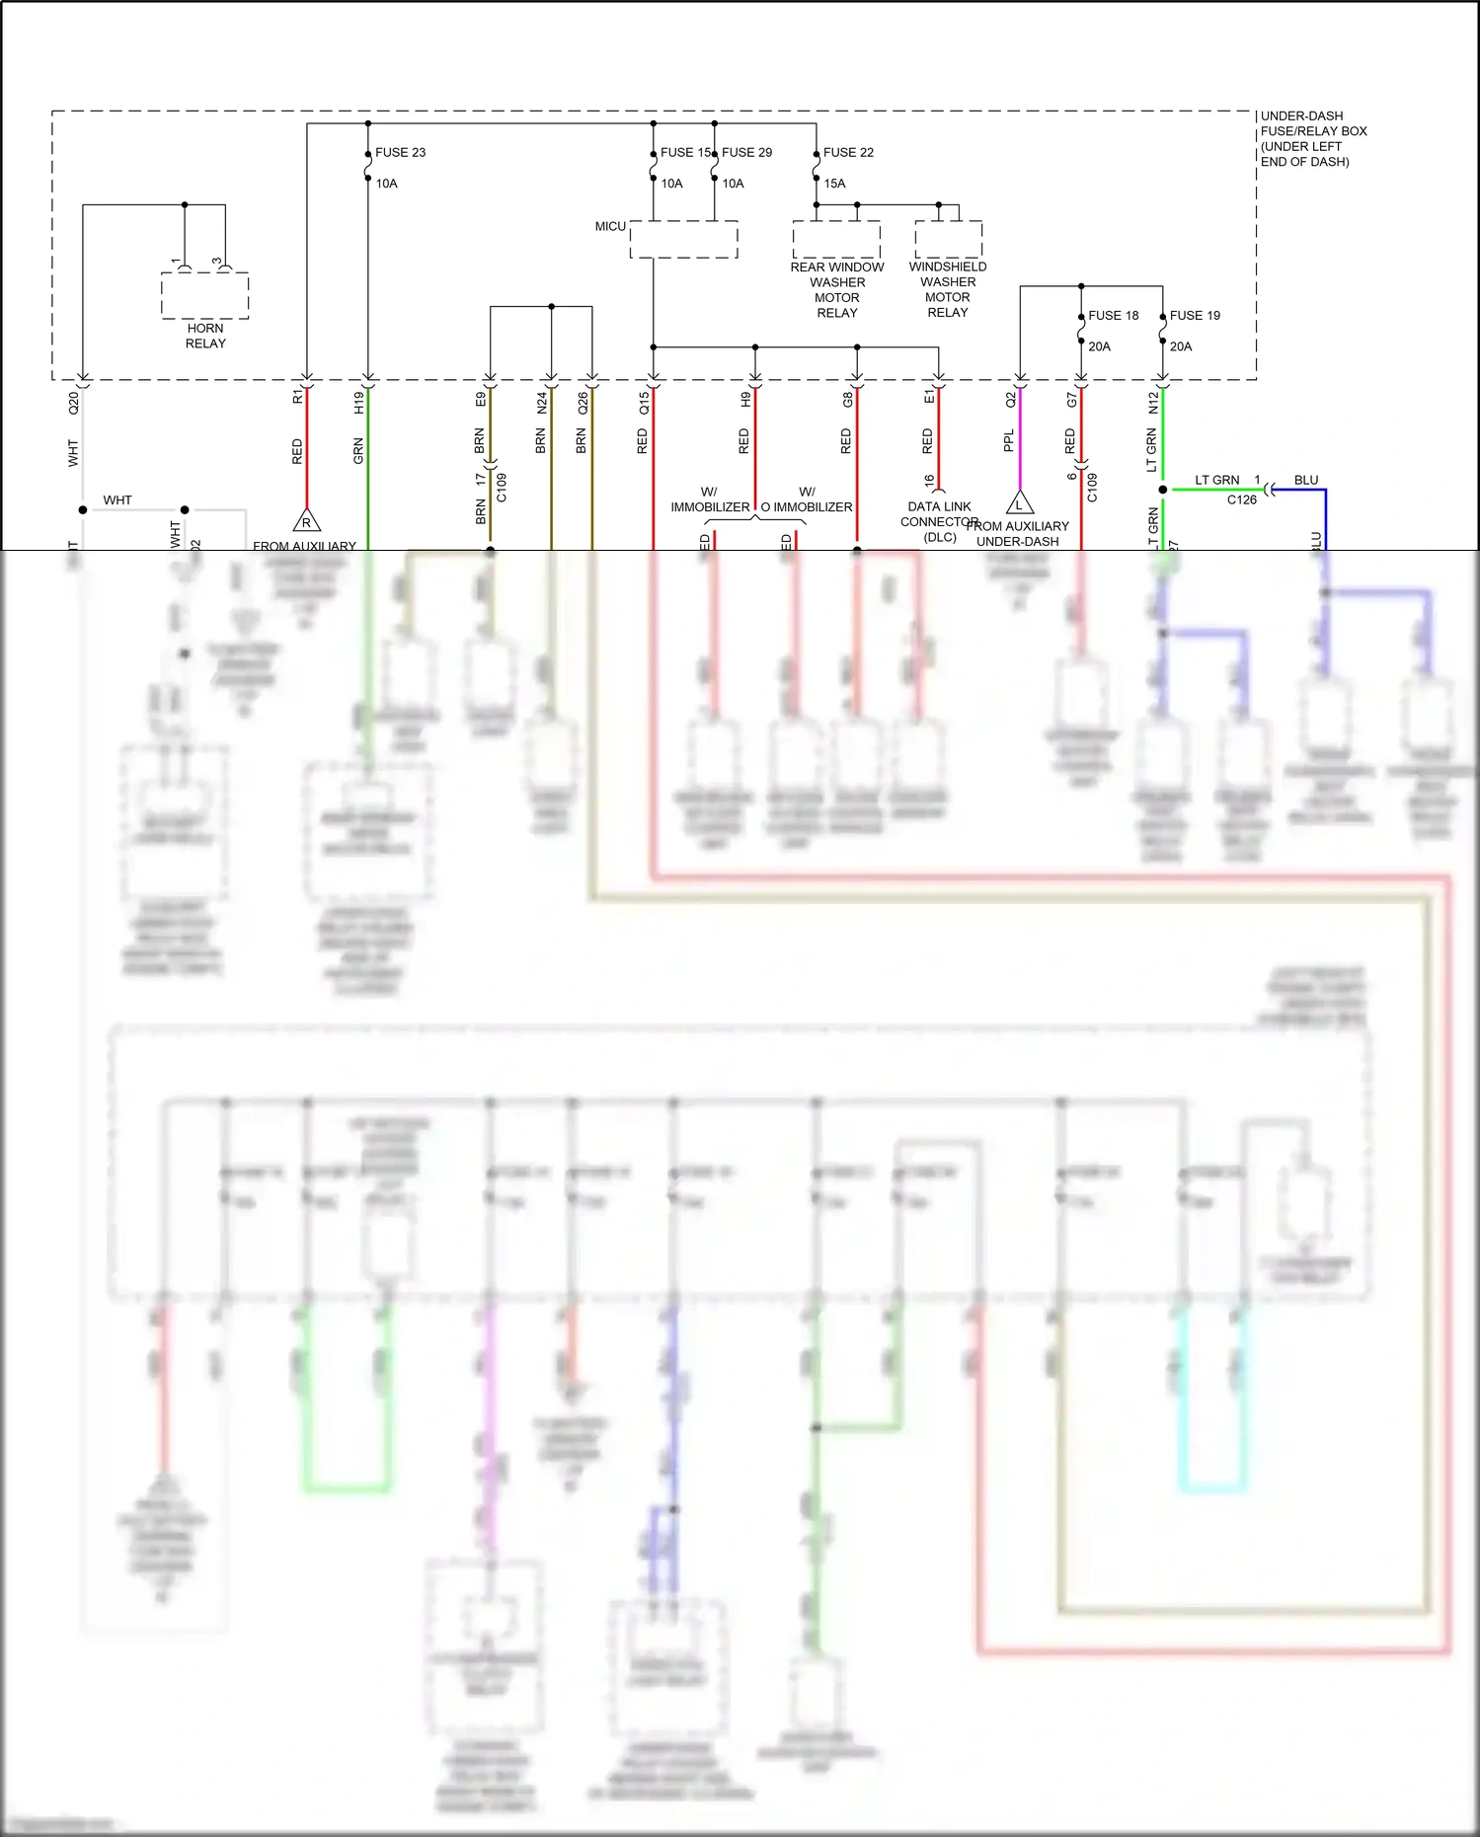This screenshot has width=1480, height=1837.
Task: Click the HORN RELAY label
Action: pyautogui.click(x=205, y=336)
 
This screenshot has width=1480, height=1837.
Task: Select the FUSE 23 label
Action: pyautogui.click(x=400, y=152)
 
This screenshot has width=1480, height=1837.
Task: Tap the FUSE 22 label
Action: pyautogui.click(x=848, y=152)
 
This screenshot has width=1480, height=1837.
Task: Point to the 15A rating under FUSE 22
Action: pyautogui.click(x=834, y=184)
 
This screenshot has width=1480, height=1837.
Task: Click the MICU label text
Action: pyautogui.click(x=610, y=226)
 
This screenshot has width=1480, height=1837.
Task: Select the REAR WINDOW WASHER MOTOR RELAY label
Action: pyautogui.click(x=837, y=289)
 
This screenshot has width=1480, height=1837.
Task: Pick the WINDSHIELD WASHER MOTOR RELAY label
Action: pyautogui.click(x=948, y=289)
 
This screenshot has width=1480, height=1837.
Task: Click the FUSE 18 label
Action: pyautogui.click(x=1113, y=315)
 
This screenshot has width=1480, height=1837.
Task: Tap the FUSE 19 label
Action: pyautogui.click(x=1195, y=315)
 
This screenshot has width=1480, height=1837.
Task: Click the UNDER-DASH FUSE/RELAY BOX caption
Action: pyautogui.click(x=1313, y=138)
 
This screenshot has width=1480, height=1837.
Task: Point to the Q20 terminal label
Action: pyautogui.click(x=73, y=403)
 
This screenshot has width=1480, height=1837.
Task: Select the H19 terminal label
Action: pyautogui.click(x=358, y=402)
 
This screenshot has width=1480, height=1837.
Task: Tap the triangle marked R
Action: pyautogui.click(x=306, y=522)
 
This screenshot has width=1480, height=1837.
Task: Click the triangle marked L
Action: pyautogui.click(x=1020, y=504)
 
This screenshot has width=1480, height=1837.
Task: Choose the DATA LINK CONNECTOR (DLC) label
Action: pyautogui.click(x=939, y=521)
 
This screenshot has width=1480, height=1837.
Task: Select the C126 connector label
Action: pyautogui.click(x=1241, y=499)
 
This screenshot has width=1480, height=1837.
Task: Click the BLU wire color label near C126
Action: pyautogui.click(x=1306, y=480)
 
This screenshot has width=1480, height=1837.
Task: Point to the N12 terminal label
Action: pyautogui.click(x=1152, y=403)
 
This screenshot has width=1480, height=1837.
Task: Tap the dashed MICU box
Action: pyautogui.click(x=683, y=240)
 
